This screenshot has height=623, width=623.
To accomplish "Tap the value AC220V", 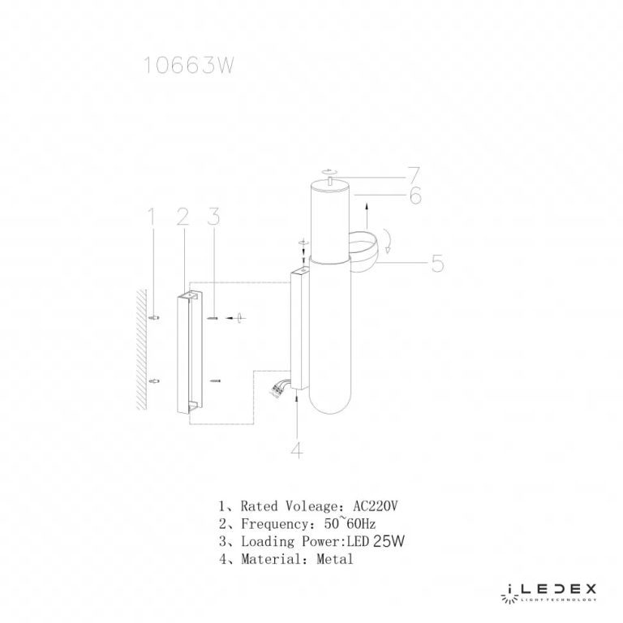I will tap(376, 506).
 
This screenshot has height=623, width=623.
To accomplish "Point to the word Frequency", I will tap(273, 524).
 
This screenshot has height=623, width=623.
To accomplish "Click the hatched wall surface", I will tap(140, 349).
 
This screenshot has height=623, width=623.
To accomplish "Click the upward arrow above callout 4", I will tap(298, 410).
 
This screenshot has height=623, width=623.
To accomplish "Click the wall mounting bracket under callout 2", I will tap(186, 353).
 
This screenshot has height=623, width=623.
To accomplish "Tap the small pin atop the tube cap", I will tap(329, 183).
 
